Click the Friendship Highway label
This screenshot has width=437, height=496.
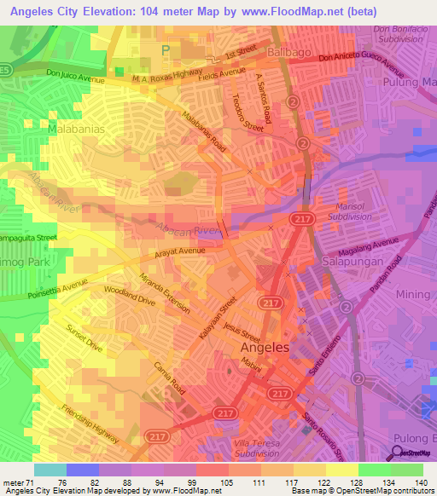coord(90,423)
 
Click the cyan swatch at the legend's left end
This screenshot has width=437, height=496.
coord(50,470)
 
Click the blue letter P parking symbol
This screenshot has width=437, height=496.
coord(166,50)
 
